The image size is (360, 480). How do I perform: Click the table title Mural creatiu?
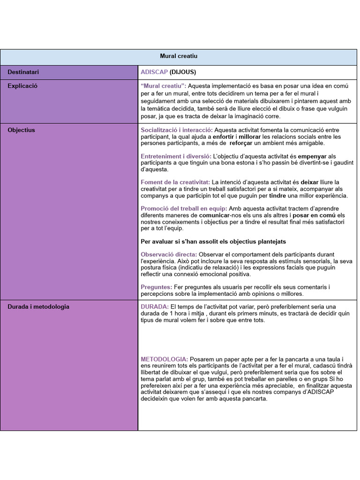click(x=179, y=56)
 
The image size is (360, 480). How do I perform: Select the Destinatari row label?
click(x=23, y=72)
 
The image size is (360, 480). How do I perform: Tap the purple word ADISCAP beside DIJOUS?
click(x=154, y=72)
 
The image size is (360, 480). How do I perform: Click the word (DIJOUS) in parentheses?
click(x=183, y=72)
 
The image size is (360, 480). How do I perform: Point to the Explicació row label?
click(x=22, y=86)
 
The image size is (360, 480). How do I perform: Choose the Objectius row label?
click(x=21, y=130)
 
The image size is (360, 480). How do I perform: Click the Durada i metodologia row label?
click(x=38, y=307)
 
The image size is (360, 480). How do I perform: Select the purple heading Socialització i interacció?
click(x=177, y=130)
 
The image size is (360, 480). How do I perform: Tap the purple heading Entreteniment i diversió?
click(x=175, y=156)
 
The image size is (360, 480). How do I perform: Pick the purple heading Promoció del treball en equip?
click(x=184, y=209)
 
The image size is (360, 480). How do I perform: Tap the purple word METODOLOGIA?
click(x=165, y=359)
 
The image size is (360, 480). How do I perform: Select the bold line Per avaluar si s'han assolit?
click(x=213, y=241)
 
